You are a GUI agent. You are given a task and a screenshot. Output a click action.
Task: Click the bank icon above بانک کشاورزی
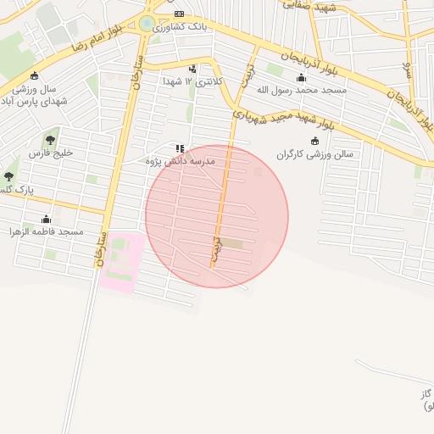(179, 14)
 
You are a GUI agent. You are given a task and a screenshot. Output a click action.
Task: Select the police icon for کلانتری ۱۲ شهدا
(193, 70)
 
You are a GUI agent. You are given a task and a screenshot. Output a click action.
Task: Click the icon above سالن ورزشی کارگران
(315, 141)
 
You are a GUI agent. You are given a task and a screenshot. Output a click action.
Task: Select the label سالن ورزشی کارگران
(314, 154)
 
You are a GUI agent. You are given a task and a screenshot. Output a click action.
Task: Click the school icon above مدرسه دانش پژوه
(179, 148)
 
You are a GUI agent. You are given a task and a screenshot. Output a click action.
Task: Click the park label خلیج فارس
(52, 153)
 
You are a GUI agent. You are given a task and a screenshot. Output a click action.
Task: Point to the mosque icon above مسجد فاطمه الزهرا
(47, 220)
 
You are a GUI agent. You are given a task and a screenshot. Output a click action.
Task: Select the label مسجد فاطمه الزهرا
(47, 231)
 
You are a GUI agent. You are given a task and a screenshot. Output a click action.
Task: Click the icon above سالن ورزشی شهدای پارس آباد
(34, 76)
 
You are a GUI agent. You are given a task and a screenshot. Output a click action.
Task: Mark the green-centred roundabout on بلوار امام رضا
(147, 24)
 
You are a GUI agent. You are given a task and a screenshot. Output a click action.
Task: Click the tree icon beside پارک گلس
(8, 176)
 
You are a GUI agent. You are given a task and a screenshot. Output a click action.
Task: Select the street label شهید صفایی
(314, 7)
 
